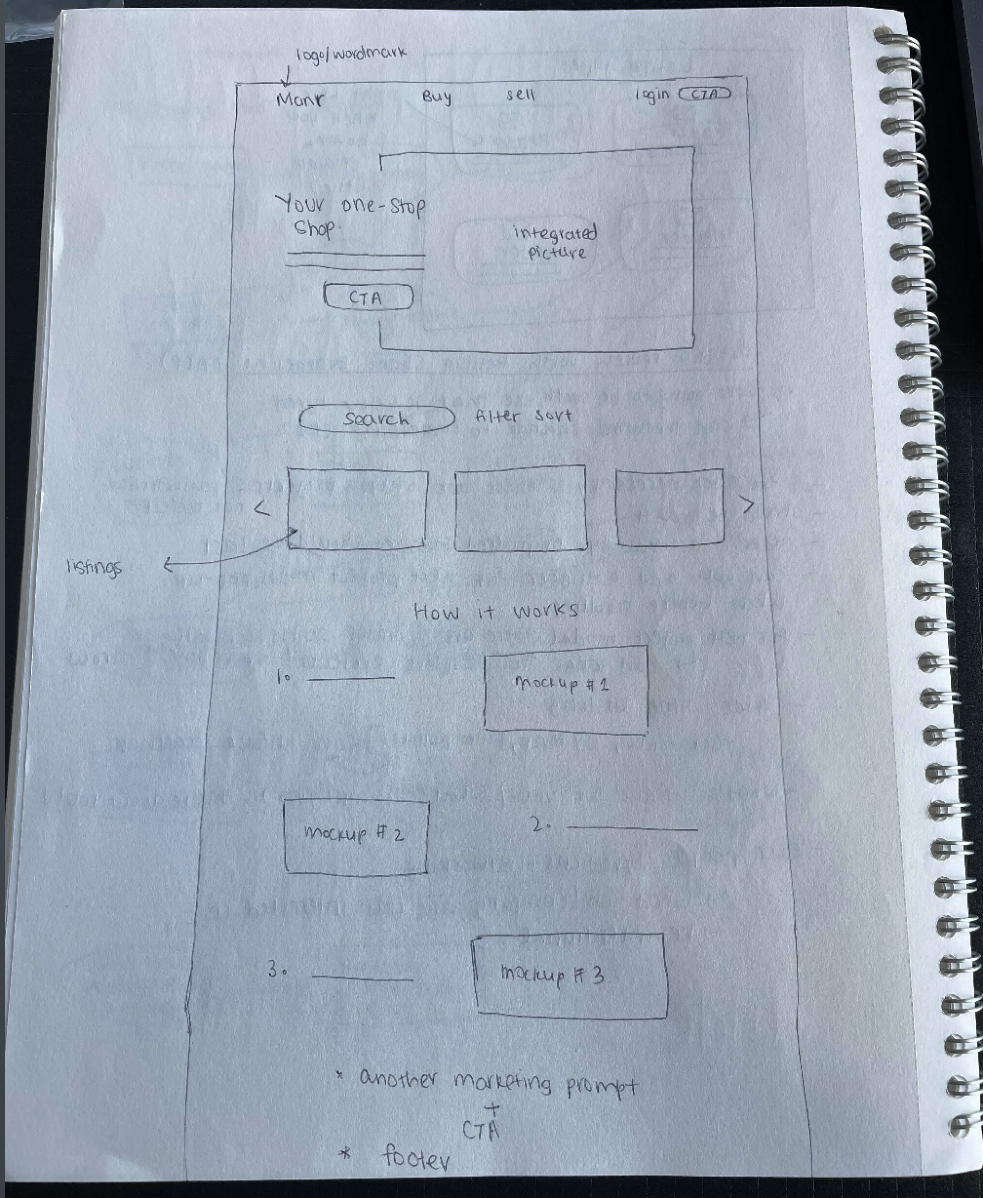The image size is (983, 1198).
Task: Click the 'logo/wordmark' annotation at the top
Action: (x=351, y=54)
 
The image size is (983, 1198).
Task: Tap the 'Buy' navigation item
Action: (x=437, y=96)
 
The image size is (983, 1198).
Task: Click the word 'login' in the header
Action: (x=651, y=95)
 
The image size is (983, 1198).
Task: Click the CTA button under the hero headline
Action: (x=368, y=297)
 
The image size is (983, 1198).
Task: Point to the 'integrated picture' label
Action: (x=555, y=242)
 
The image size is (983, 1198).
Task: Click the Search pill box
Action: (x=377, y=419)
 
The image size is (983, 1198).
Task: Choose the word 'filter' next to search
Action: (x=497, y=416)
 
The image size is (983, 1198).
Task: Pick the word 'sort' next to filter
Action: (x=553, y=415)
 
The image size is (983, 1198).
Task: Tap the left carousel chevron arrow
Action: (x=262, y=509)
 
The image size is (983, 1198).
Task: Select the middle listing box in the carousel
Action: (x=520, y=508)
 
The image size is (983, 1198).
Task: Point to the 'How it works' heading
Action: (x=496, y=611)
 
